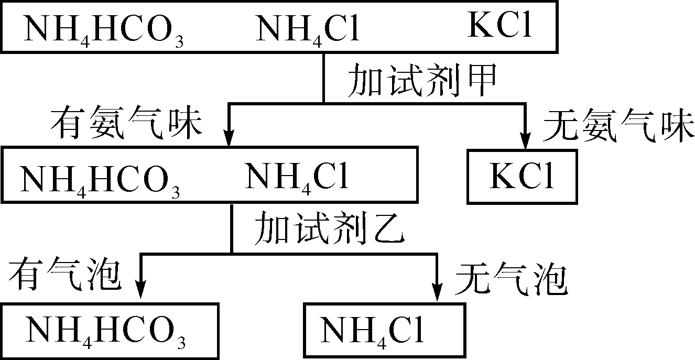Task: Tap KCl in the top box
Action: pyautogui.click(x=499, y=26)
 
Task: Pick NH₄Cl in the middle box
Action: pyautogui.click(x=297, y=178)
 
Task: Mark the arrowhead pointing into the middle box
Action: pyautogui.click(x=229, y=139)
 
